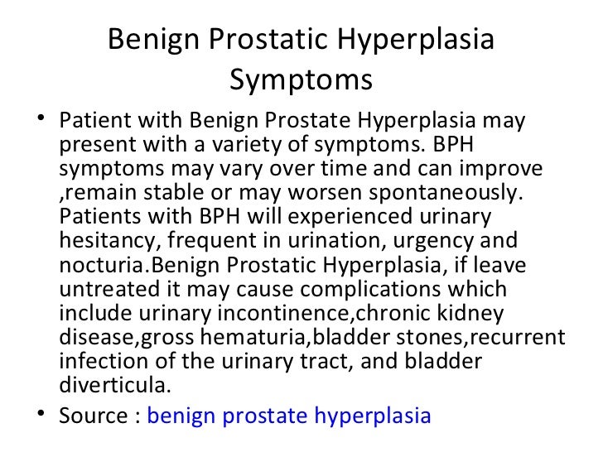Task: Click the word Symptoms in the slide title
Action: [x=301, y=81]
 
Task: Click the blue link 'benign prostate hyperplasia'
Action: [x=289, y=416]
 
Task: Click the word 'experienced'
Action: [x=359, y=217]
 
